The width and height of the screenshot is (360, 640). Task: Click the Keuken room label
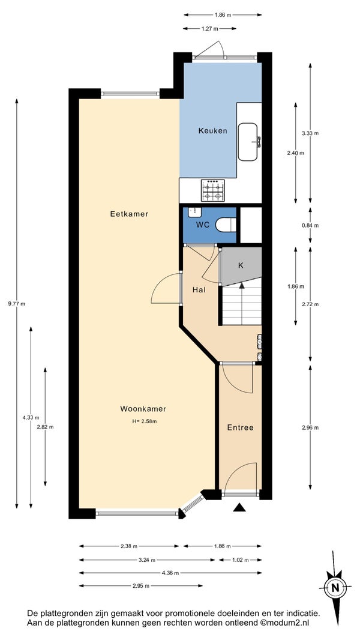tap(212, 131)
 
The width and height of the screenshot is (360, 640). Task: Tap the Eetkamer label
tap(129, 214)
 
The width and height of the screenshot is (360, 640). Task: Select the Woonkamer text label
tap(143, 409)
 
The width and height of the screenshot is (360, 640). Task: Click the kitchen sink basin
tap(248, 142)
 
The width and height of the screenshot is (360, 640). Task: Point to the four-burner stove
tap(212, 190)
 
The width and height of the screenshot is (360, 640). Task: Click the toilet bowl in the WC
tap(226, 225)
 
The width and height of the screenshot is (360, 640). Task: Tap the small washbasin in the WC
tap(193, 211)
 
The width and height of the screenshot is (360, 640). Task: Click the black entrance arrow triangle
tap(239, 507)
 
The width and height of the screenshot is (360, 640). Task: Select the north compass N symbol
tap(335, 588)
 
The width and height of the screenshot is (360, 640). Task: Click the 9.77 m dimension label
tap(17, 304)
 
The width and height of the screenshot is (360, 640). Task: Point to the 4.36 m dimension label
tap(170, 573)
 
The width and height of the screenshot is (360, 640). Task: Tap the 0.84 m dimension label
tap(310, 225)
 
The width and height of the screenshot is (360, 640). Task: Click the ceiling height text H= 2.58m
tap(145, 421)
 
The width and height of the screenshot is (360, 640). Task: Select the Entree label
tap(240, 427)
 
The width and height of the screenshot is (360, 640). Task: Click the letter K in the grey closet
tap(241, 265)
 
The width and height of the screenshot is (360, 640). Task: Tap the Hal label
tap(199, 290)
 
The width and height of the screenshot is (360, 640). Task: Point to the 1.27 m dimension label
tap(209, 29)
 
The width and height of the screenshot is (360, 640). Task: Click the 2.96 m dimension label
tap(310, 427)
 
